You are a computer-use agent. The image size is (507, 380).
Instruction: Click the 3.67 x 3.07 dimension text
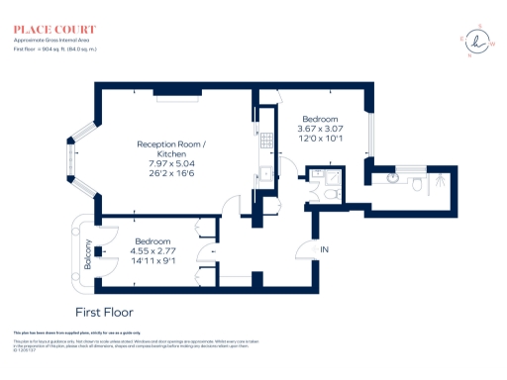point(320,127)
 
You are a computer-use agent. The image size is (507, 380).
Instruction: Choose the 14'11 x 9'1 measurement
point(152,261)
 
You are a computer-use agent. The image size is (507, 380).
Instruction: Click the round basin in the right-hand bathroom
point(395,179)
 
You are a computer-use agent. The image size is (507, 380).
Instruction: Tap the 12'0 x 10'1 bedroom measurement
point(320,139)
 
